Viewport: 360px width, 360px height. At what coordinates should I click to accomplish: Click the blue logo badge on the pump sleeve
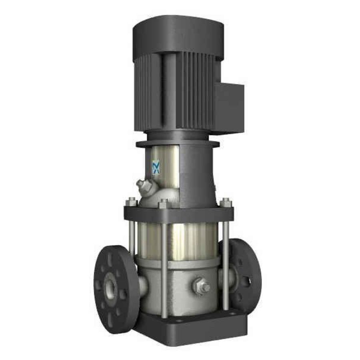156,167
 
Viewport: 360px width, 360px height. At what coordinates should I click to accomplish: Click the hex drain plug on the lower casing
201,286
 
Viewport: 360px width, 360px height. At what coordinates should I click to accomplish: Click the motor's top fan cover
178,34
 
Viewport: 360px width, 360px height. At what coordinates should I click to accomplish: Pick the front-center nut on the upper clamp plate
163,204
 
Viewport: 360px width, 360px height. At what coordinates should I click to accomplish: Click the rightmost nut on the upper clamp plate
226,202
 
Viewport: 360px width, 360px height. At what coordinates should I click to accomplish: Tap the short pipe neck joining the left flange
142,285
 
